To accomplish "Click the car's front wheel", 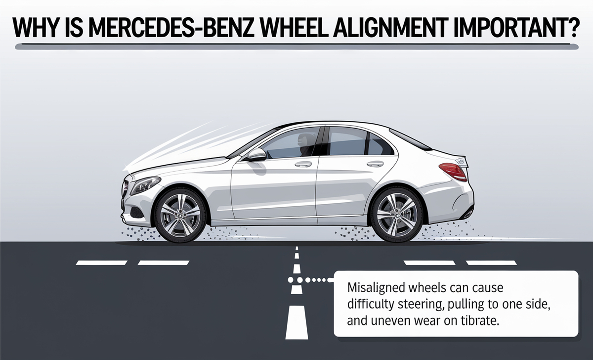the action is click(x=180, y=215).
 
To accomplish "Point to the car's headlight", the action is click(x=145, y=185).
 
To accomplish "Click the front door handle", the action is click(x=303, y=164).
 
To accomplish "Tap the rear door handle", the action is click(x=375, y=164).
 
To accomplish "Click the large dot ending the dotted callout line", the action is click(x=291, y=280).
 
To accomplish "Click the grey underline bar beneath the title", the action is click(x=296, y=46).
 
